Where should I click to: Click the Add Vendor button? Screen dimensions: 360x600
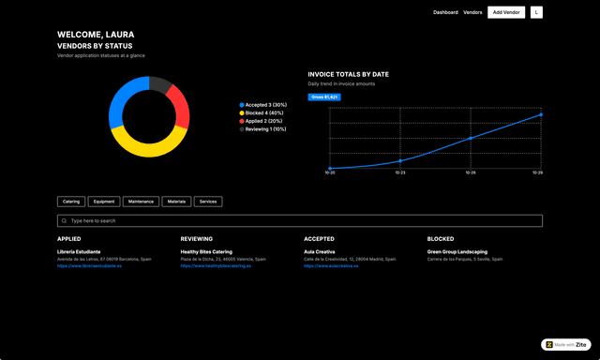coord(507,12)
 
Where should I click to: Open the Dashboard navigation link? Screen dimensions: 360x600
coord(445,12)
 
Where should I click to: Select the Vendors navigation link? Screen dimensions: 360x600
coord(472,12)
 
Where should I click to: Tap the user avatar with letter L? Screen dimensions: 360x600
coord(536,12)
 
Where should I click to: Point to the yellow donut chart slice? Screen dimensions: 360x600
coord(149,146)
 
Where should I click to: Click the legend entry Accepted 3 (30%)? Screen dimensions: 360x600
coord(264,105)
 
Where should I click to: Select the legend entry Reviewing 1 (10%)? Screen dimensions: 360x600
coord(266,129)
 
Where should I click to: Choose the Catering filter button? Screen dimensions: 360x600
coord(71,202)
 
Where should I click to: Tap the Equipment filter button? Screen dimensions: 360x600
coord(104,202)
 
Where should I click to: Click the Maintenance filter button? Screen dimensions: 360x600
coord(141,202)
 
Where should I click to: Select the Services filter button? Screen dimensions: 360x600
coord(208,202)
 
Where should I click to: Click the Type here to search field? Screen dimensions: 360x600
coord(300,221)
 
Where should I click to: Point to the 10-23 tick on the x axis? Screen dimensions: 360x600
coord(400,172)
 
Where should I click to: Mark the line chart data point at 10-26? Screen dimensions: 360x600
coord(471,138)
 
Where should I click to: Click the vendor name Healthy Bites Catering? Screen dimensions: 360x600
coord(206,251)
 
